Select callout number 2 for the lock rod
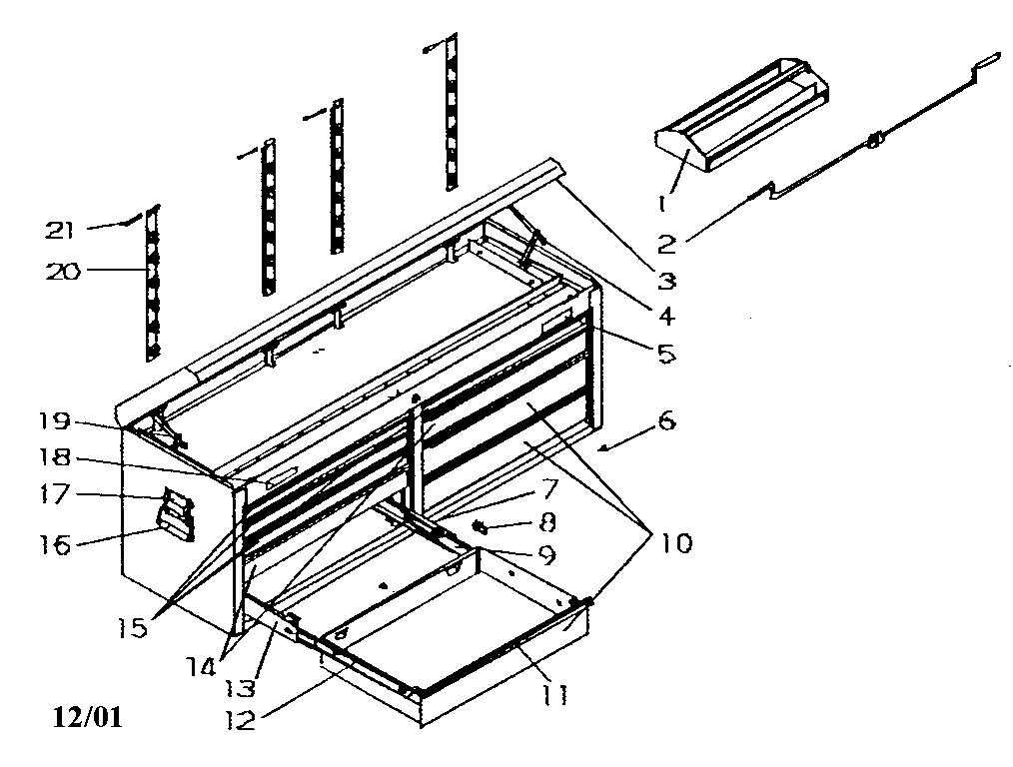click(x=666, y=243)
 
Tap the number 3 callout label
click(x=667, y=281)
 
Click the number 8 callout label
click(x=547, y=521)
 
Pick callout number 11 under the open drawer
click(x=556, y=694)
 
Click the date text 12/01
click(x=89, y=717)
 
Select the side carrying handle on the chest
click(x=176, y=516)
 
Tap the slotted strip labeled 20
click(x=152, y=285)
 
